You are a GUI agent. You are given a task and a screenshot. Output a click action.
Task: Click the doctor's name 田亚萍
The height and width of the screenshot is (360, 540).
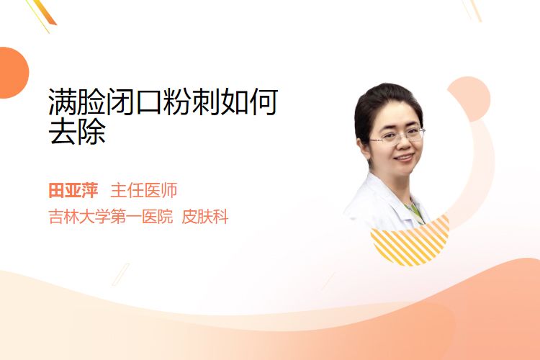[73, 190]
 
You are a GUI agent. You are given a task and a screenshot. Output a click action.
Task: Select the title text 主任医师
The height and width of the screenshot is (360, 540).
[143, 190]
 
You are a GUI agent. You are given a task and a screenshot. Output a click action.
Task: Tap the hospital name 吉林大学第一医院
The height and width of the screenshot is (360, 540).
[111, 217]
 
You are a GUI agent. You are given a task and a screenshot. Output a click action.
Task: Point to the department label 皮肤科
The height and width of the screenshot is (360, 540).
[205, 217]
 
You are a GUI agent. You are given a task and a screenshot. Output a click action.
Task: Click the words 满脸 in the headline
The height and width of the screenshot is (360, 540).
[77, 102]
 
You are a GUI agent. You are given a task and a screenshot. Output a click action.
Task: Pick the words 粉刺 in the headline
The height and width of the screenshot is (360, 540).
[192, 102]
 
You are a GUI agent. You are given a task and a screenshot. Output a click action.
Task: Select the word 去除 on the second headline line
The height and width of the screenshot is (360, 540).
[77, 132]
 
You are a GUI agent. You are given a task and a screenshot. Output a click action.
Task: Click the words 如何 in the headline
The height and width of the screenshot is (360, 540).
[249, 102]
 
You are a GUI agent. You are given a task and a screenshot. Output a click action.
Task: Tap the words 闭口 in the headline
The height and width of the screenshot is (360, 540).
[135, 102]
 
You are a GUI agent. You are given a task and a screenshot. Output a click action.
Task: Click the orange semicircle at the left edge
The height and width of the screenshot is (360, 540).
[13, 73]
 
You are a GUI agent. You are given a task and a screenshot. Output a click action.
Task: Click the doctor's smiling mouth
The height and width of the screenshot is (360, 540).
[405, 158]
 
